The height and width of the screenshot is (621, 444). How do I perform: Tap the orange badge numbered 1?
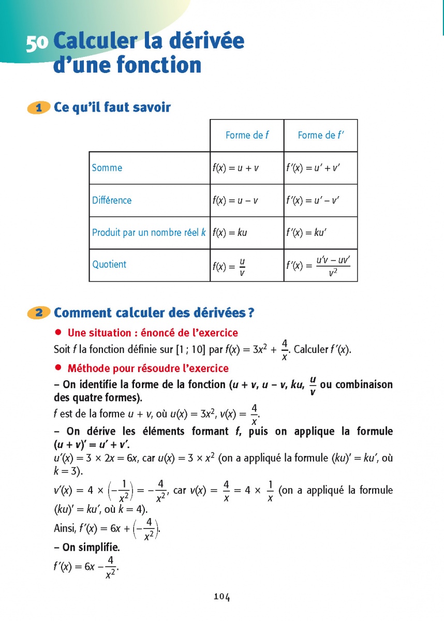pos(38,108)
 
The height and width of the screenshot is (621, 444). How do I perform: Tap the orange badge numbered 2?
pos(38,313)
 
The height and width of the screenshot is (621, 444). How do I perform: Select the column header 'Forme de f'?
pos(247,136)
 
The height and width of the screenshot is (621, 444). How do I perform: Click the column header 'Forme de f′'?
pos(321,136)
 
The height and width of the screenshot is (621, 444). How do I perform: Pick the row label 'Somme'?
pos(107,168)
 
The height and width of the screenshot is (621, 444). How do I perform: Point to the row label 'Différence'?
pos(112,200)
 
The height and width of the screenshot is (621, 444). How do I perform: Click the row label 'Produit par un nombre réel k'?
pos(149,232)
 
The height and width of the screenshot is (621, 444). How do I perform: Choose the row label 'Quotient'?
pos(109,264)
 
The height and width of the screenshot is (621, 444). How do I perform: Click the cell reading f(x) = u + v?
pos(235,168)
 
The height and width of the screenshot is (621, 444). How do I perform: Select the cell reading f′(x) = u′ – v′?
pos(313,200)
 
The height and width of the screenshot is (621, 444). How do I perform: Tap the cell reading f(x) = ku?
pos(230,232)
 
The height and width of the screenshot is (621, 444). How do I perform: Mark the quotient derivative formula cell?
pos(319,265)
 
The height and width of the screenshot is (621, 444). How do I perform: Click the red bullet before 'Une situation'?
pos(58,332)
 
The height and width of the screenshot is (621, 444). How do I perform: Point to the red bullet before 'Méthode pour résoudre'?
pos(58,368)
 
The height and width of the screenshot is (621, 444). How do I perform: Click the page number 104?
pos(221,597)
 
